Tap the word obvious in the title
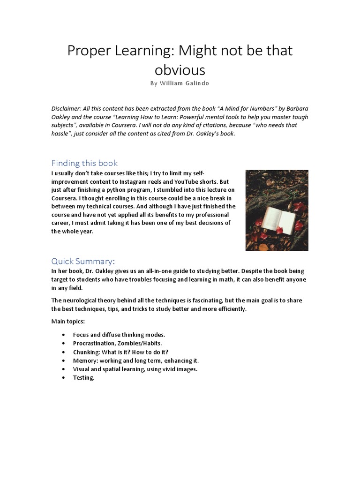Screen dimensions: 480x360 [180, 70]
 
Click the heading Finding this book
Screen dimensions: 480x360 [84, 163]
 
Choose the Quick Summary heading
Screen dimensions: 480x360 [83, 261]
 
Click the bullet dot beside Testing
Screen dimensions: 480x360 [64, 378]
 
